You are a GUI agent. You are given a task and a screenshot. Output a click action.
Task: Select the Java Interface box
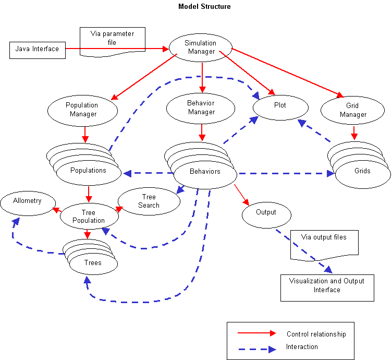pos(38,50)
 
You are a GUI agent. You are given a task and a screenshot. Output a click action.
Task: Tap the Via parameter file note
pos(112,39)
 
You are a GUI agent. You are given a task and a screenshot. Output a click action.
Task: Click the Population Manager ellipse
pos(82,110)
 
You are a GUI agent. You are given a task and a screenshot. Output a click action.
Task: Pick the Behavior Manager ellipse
pos(201,107)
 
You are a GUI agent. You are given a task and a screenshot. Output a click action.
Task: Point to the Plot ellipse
pos(280,105)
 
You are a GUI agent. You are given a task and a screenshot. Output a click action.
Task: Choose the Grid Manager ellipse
pos(353,110)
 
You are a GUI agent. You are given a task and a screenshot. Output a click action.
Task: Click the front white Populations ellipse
pos(88,171)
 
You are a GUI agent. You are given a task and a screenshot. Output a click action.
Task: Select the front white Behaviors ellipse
pos(205,172)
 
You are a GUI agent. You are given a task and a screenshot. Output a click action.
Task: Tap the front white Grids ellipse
pos(362,172)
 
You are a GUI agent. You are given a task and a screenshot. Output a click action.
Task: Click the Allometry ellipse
pos(28,201)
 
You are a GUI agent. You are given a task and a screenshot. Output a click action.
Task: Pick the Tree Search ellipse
pos(149,201)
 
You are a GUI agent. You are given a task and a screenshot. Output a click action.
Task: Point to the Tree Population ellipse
pos(89,216)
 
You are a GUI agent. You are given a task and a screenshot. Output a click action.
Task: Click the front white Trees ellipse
pos(93,262)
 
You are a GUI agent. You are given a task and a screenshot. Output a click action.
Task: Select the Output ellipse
pos(266,213)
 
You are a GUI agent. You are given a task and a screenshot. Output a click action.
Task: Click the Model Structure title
pos(204,7)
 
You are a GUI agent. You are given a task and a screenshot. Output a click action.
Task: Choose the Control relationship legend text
pos(316,334)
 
